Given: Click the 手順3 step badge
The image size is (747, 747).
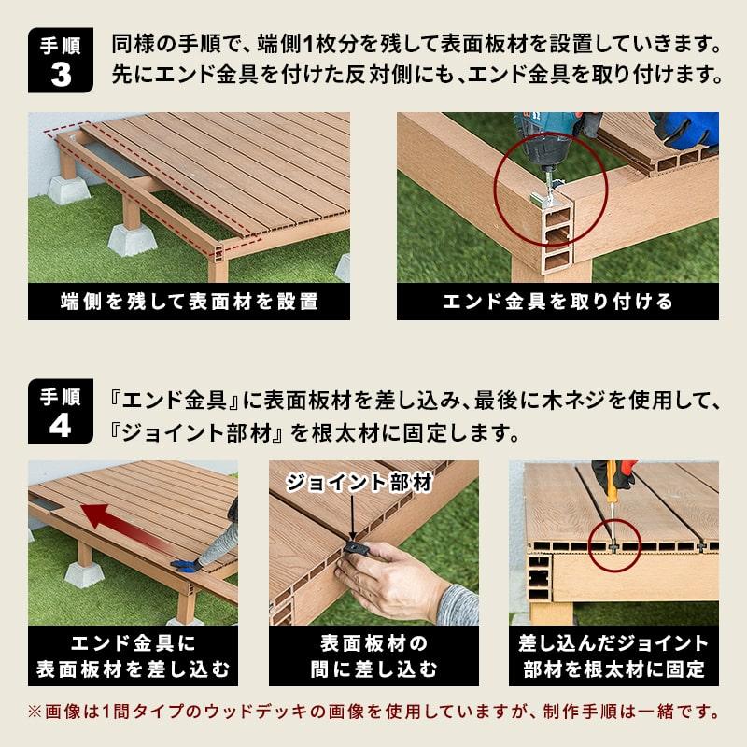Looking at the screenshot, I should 61,61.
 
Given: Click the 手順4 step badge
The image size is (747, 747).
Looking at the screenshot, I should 61,413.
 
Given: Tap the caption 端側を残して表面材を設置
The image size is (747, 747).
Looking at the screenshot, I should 190,302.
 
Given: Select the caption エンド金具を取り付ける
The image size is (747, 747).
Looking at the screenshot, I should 557,302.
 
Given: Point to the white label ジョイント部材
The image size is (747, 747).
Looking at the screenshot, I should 359,483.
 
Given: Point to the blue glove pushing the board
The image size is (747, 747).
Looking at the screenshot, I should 188,564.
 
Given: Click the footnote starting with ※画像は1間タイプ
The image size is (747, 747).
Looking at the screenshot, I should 373,712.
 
